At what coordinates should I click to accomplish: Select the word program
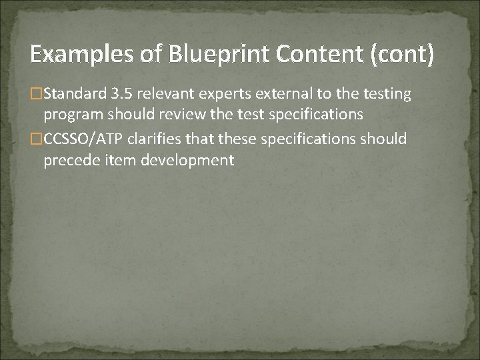coord(70,115)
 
